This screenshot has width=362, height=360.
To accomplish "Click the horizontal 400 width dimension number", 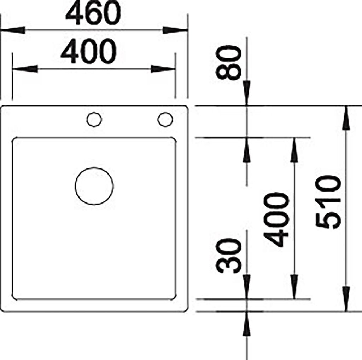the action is (88, 51).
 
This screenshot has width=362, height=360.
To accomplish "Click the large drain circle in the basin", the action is (94, 186).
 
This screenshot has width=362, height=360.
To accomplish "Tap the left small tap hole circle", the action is (94, 120).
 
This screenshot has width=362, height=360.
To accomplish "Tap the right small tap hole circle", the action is (165, 120).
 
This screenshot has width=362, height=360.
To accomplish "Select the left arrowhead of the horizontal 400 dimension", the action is (25, 69).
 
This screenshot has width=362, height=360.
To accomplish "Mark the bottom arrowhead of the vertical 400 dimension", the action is (294, 287).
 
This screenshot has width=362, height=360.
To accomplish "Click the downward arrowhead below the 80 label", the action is (247, 93).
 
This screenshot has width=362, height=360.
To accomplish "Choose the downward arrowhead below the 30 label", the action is (247, 287).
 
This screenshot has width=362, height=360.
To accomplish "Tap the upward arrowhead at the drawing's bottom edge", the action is (247, 324).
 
